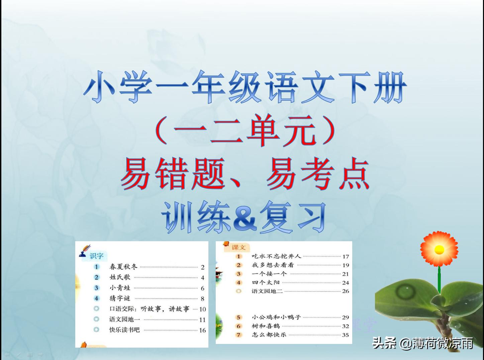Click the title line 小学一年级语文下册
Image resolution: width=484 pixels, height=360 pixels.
coord(245,87)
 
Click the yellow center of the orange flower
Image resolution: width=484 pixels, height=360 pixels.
coord(439,249)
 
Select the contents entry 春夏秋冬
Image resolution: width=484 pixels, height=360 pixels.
coord(123,267)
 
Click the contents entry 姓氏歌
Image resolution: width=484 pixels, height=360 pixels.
coord(120,277)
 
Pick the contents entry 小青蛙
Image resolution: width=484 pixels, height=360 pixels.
coord(120,288)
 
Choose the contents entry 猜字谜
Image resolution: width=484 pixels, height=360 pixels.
coord(120,298)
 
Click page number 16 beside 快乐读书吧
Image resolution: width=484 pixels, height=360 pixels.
coord(202,330)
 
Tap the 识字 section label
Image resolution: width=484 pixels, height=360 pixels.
coord(97,256)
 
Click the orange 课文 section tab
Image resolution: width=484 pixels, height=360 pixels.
coord(239,248)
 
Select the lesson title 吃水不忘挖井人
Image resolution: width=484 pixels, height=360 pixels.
coord(276,256)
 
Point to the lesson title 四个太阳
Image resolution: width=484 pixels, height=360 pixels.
coord(266,282)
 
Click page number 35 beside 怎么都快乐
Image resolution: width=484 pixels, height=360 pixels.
coord(345,335)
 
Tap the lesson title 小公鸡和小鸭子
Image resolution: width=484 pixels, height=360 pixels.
coord(276,317)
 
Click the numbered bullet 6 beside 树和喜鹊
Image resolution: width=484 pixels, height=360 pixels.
coord(238,326)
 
